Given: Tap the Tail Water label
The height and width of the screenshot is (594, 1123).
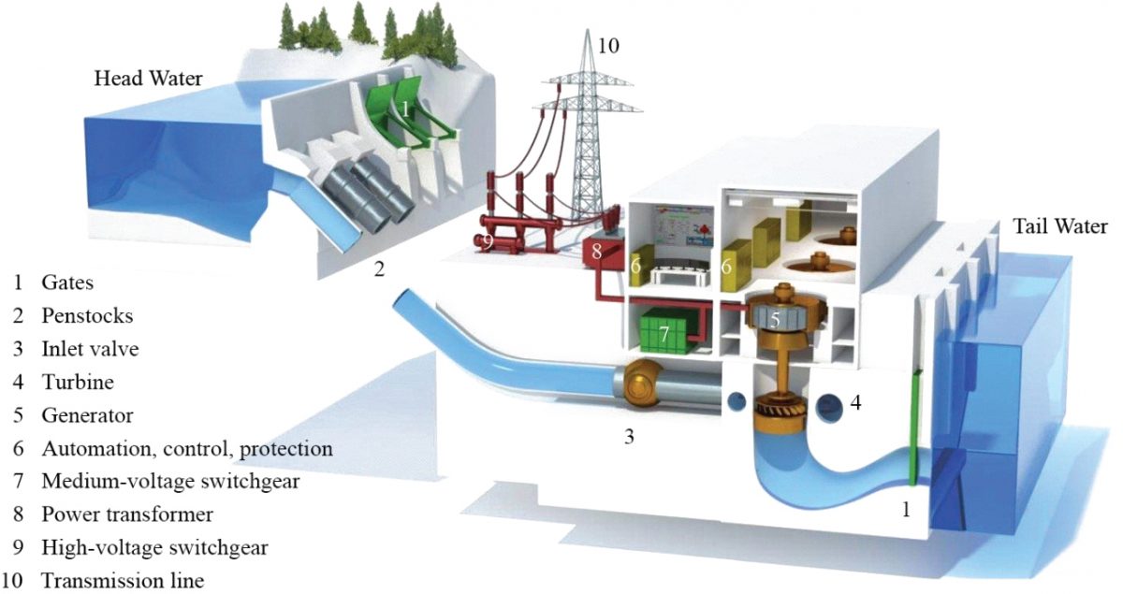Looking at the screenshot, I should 1059,226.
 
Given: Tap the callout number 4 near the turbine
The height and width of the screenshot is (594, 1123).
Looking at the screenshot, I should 856,405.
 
